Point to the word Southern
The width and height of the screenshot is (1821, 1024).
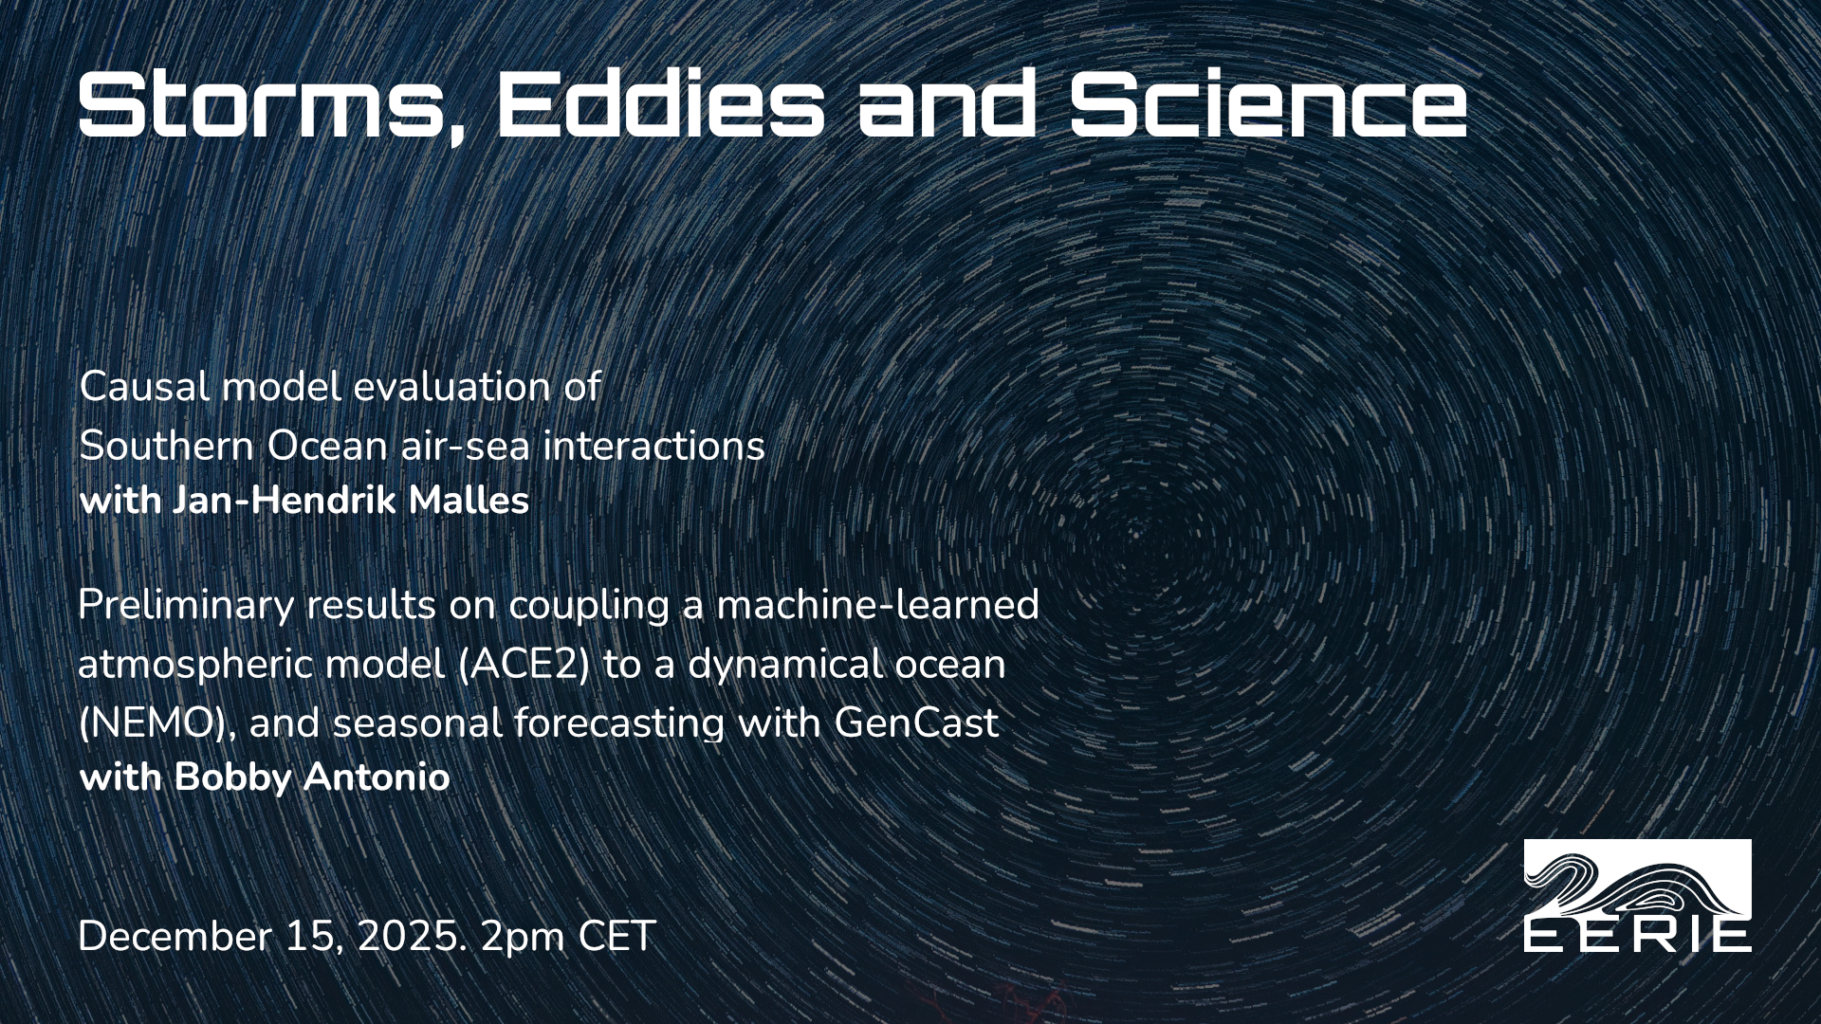pos(167,447)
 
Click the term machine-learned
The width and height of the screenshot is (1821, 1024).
pos(878,605)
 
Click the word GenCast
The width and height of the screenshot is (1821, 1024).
pos(916,723)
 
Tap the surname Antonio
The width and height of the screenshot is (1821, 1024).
pos(376,777)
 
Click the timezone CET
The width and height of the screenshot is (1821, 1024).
pos(617,937)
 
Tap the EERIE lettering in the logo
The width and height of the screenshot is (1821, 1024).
pos(1638,936)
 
